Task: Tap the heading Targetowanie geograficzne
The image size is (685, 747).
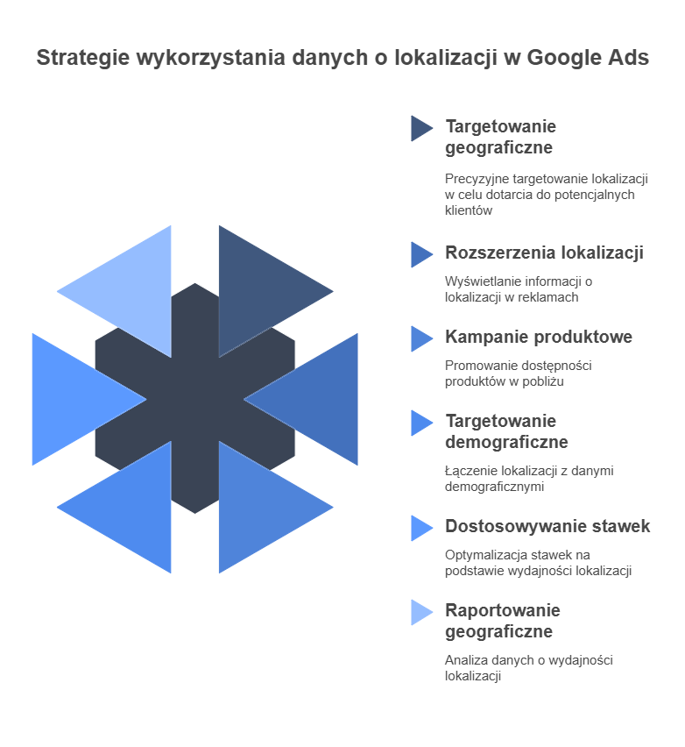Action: tap(500, 137)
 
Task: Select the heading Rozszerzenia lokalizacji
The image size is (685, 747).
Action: tap(544, 253)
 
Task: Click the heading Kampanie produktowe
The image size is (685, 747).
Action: tap(539, 337)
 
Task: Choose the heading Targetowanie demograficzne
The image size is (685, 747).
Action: tap(506, 431)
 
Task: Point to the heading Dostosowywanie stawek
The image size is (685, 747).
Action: tap(547, 526)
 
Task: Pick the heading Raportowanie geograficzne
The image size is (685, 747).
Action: tap(502, 621)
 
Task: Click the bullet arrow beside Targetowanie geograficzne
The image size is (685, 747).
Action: tap(420, 129)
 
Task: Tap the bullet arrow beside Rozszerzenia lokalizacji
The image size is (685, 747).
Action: tap(420, 254)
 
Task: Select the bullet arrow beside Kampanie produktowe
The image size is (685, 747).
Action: tap(420, 338)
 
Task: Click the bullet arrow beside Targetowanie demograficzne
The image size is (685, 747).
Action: tap(420, 423)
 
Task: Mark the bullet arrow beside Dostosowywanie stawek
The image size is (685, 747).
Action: tap(420, 528)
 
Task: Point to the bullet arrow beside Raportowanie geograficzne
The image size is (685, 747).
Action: tap(420, 612)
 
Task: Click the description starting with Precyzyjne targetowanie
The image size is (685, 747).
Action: tap(546, 194)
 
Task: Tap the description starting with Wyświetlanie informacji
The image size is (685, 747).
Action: tap(519, 288)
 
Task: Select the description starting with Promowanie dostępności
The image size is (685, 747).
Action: tap(518, 373)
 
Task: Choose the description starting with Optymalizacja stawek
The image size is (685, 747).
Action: tap(538, 562)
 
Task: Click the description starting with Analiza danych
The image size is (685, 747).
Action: tap(528, 667)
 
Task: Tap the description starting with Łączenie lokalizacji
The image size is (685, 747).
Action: tap(529, 478)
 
